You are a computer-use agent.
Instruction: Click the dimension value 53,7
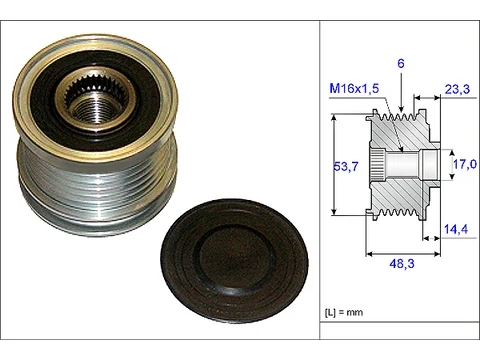tap(346, 166)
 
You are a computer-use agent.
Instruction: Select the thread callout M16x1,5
tap(354, 88)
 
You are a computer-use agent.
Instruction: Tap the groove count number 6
tap(401, 63)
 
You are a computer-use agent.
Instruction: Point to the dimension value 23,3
tap(457, 89)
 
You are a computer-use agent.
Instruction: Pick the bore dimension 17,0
tap(464, 164)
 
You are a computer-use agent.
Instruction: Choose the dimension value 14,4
tap(456, 229)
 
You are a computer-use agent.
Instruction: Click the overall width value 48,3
tap(402, 264)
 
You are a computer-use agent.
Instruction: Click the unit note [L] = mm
tap(344, 312)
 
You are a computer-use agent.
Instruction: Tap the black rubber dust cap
tap(234, 260)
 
